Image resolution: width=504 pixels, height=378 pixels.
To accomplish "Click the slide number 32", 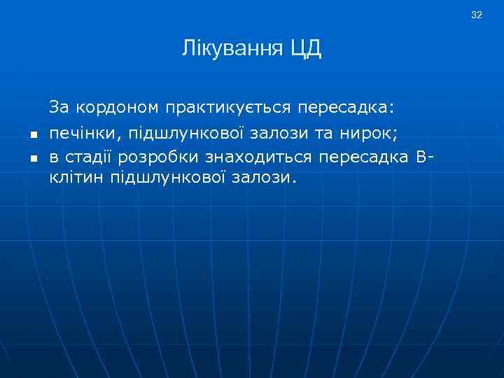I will pos(477,15).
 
